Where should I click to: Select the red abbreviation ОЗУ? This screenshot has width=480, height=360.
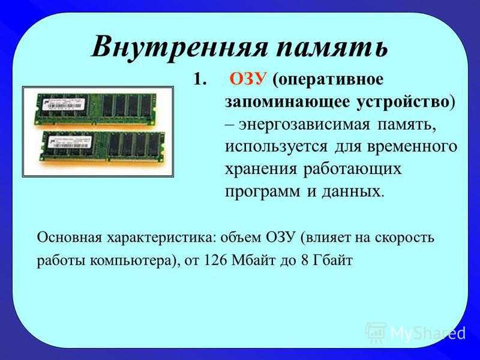248,79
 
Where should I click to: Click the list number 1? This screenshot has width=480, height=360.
200,79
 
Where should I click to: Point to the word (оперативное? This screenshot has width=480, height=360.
328,80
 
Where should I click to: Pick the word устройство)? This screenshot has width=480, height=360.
406,102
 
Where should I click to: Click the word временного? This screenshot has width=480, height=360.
412,146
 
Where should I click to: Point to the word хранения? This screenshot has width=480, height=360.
261,170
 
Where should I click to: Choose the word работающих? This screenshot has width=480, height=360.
352,169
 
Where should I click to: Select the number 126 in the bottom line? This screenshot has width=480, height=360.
215,260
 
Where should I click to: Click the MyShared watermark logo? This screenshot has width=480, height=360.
416,332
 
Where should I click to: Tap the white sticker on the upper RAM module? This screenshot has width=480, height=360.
63,103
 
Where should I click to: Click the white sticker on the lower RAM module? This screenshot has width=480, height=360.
70,142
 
